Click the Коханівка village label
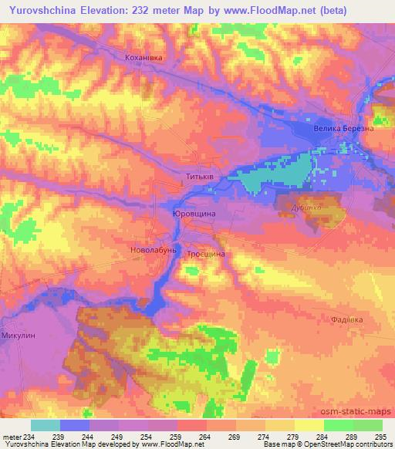tap(146, 57)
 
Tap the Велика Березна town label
tap(344, 129)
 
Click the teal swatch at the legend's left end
tap(45, 424)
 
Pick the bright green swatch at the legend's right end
tap(367, 424)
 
